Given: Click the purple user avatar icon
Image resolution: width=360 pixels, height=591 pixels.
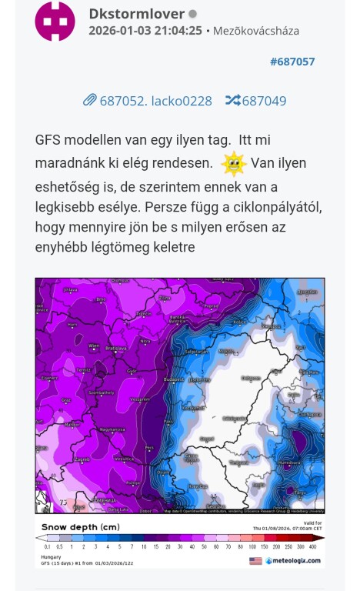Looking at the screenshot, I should click(55, 22).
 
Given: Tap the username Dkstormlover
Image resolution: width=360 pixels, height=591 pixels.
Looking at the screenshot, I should click(137, 14).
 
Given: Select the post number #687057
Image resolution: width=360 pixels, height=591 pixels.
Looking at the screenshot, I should click(292, 62).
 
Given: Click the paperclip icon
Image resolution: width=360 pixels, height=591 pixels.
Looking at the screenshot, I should click(89, 100).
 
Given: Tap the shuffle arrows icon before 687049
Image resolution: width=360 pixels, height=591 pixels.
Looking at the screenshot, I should click(232, 100).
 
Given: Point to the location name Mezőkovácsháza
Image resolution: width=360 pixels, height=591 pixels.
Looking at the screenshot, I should click(256, 32).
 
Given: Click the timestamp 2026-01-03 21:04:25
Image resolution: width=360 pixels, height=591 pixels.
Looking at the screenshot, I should click(145, 32).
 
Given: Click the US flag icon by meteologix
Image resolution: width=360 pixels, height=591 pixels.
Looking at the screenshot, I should click(255, 561).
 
